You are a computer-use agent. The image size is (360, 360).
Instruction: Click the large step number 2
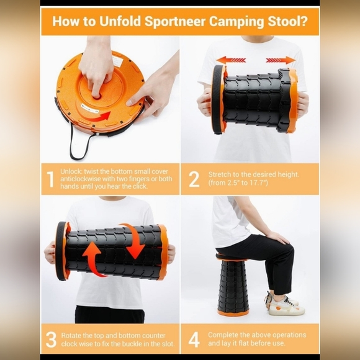click(x=194, y=179)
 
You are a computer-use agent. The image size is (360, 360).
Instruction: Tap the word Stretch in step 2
click(x=221, y=174)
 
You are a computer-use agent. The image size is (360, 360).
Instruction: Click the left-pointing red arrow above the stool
click(x=231, y=60)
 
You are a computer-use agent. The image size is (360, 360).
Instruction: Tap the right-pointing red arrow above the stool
click(x=281, y=60)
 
